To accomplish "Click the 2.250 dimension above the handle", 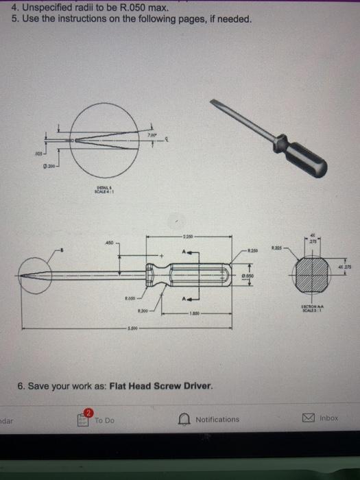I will point(187,237).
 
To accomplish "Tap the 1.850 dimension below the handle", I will point(187,315).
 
